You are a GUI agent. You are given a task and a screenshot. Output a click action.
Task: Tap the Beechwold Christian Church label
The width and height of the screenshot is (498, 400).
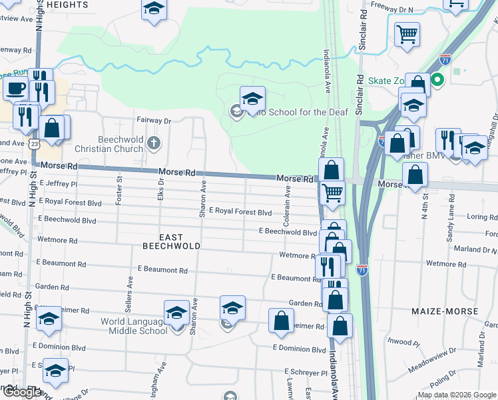coord(120,144)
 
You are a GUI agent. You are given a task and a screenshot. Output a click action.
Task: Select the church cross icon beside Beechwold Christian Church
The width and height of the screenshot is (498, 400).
coord(154,142)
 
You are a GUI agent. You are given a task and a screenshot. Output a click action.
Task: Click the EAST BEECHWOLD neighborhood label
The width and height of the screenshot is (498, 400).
coord(170,241)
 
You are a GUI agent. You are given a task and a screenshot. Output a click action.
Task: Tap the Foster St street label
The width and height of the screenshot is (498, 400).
coord(120,187)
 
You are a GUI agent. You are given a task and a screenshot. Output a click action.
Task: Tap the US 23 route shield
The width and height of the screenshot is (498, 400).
coord(35,143)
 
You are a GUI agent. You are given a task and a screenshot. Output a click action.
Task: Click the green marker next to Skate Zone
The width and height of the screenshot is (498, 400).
coord(437,81)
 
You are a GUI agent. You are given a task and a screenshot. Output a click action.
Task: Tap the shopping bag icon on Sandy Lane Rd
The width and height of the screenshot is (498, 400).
coord(415,175)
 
